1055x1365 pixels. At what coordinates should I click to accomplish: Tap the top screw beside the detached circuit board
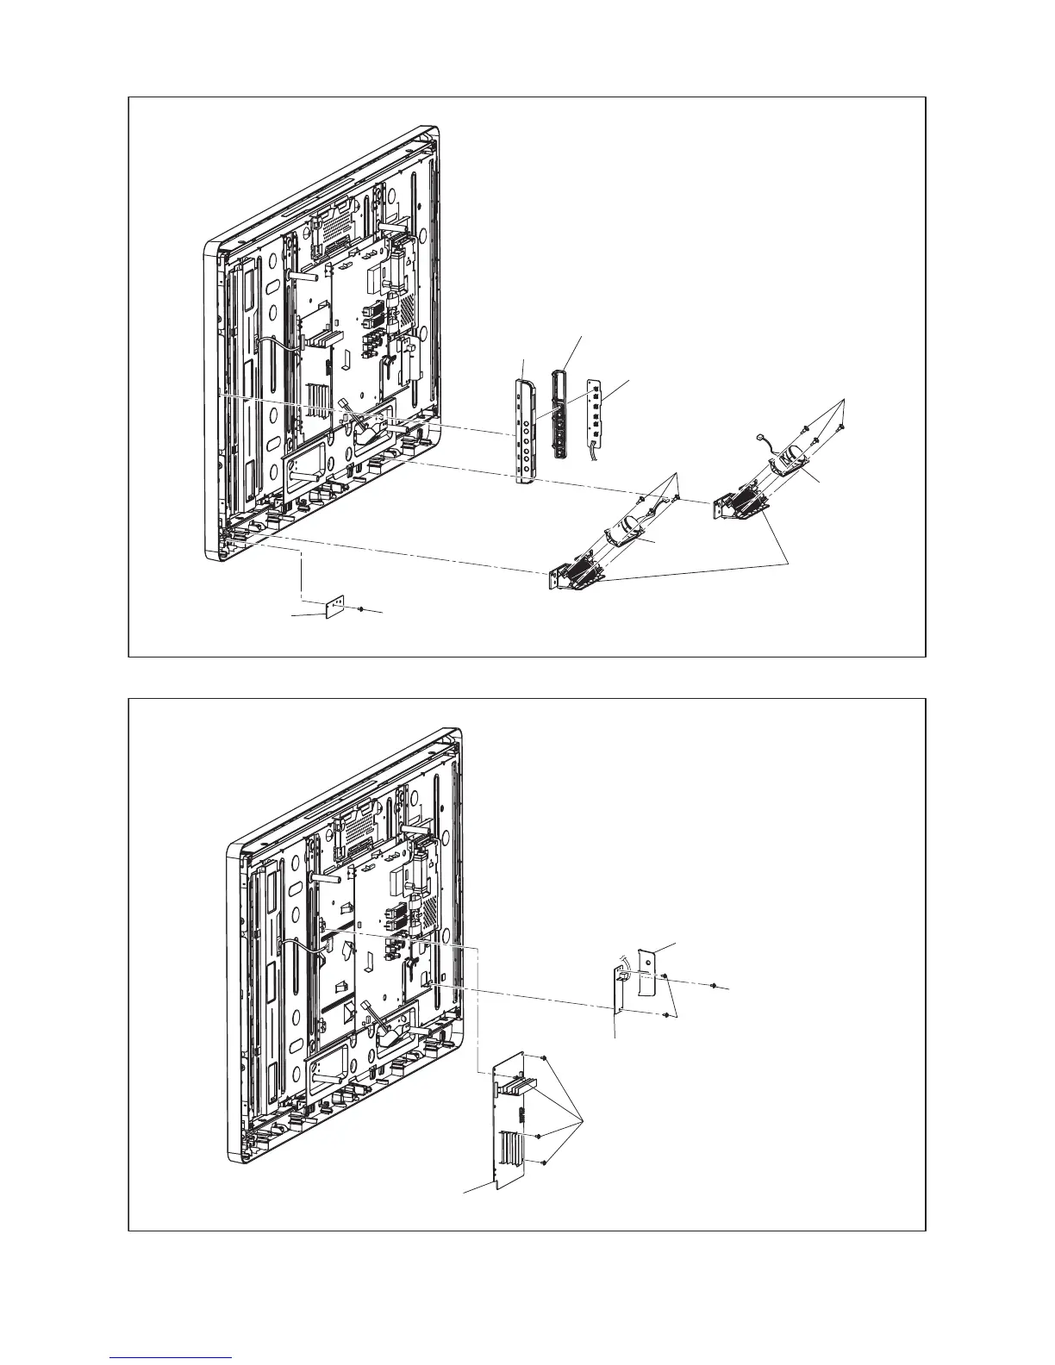pyautogui.click(x=546, y=1057)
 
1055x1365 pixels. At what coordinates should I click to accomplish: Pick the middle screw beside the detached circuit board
pyautogui.click(x=539, y=1137)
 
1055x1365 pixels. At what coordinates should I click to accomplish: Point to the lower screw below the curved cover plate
pyautogui.click(x=668, y=1017)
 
